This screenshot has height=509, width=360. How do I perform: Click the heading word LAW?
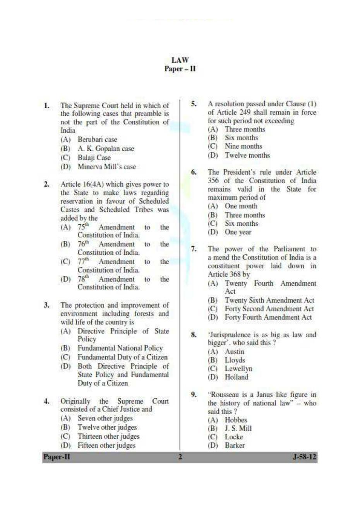180,60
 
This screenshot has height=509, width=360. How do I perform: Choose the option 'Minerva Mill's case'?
106,167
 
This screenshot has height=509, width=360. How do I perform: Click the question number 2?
46,184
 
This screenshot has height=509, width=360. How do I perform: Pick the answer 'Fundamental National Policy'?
120,348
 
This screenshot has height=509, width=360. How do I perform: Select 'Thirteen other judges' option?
108,436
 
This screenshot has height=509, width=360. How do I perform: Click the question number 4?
46,401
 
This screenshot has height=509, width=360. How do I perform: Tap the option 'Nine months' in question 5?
243,147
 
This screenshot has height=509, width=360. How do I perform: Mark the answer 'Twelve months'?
247,155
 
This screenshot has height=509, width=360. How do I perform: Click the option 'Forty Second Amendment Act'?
269,309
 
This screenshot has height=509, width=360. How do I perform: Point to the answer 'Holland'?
237,377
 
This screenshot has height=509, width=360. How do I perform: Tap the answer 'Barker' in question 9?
235,446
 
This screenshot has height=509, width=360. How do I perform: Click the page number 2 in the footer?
180,457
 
